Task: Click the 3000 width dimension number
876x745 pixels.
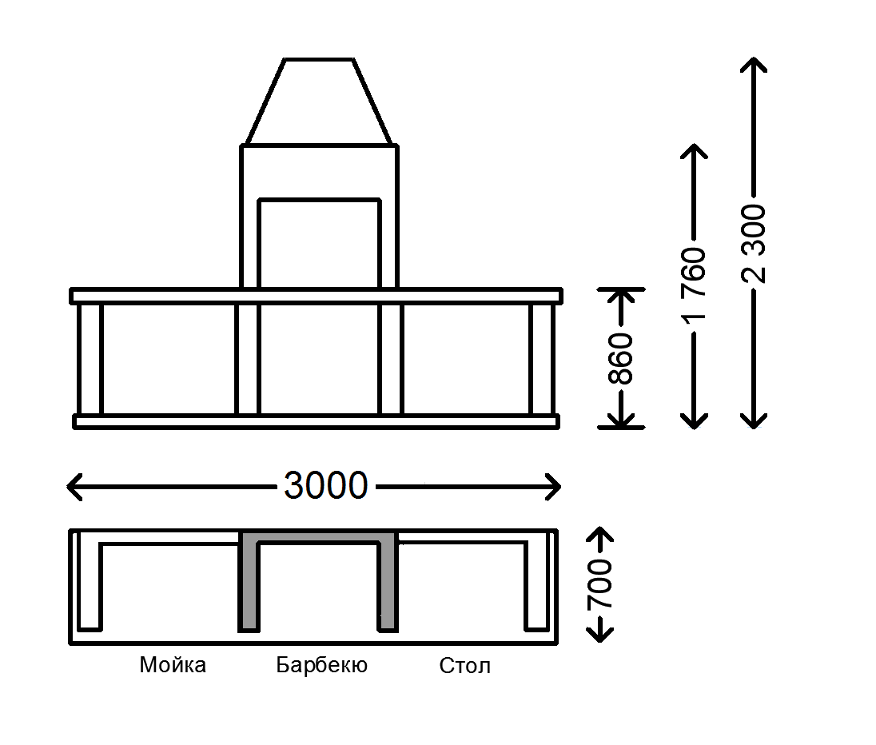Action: point(325,485)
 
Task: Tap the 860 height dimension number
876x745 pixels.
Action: point(621,358)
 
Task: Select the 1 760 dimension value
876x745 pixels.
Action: point(694,285)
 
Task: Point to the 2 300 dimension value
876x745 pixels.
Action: point(754,244)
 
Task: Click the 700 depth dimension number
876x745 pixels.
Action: point(600,584)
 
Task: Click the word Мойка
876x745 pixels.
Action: point(173,665)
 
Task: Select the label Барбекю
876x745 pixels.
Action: point(321,665)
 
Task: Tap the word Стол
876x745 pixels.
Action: point(464,666)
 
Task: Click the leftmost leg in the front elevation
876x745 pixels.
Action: point(90,360)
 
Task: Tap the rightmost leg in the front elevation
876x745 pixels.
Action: point(541,360)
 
